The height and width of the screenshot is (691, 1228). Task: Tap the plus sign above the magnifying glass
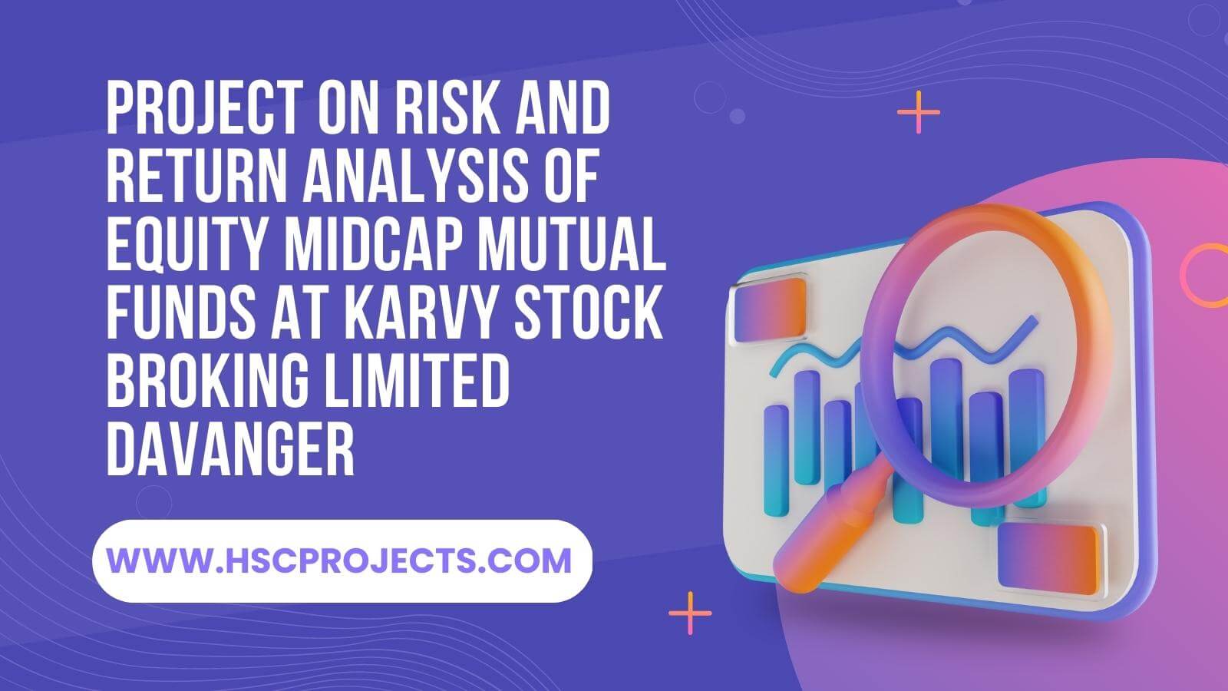(x=919, y=112)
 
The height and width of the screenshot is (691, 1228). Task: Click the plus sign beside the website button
(x=690, y=613)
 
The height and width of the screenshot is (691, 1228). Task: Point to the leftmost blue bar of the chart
(x=776, y=461)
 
